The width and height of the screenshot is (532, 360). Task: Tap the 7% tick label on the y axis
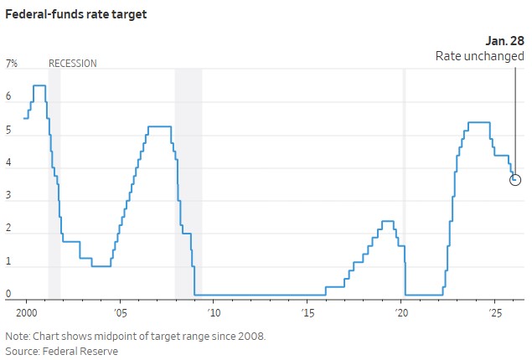12,64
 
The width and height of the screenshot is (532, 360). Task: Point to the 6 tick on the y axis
9,97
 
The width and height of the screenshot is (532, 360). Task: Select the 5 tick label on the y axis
9,130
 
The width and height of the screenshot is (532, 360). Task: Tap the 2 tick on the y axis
9,229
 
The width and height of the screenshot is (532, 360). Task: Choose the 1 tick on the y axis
9,261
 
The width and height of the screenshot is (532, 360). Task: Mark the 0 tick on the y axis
9,294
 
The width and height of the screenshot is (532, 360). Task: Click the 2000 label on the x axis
25,310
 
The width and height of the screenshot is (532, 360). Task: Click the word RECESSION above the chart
73,64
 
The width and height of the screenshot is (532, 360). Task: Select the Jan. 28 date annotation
505,40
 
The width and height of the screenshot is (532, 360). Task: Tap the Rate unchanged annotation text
480,56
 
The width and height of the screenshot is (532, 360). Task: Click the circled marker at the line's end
515,179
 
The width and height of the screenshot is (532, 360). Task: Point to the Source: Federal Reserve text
61,351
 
